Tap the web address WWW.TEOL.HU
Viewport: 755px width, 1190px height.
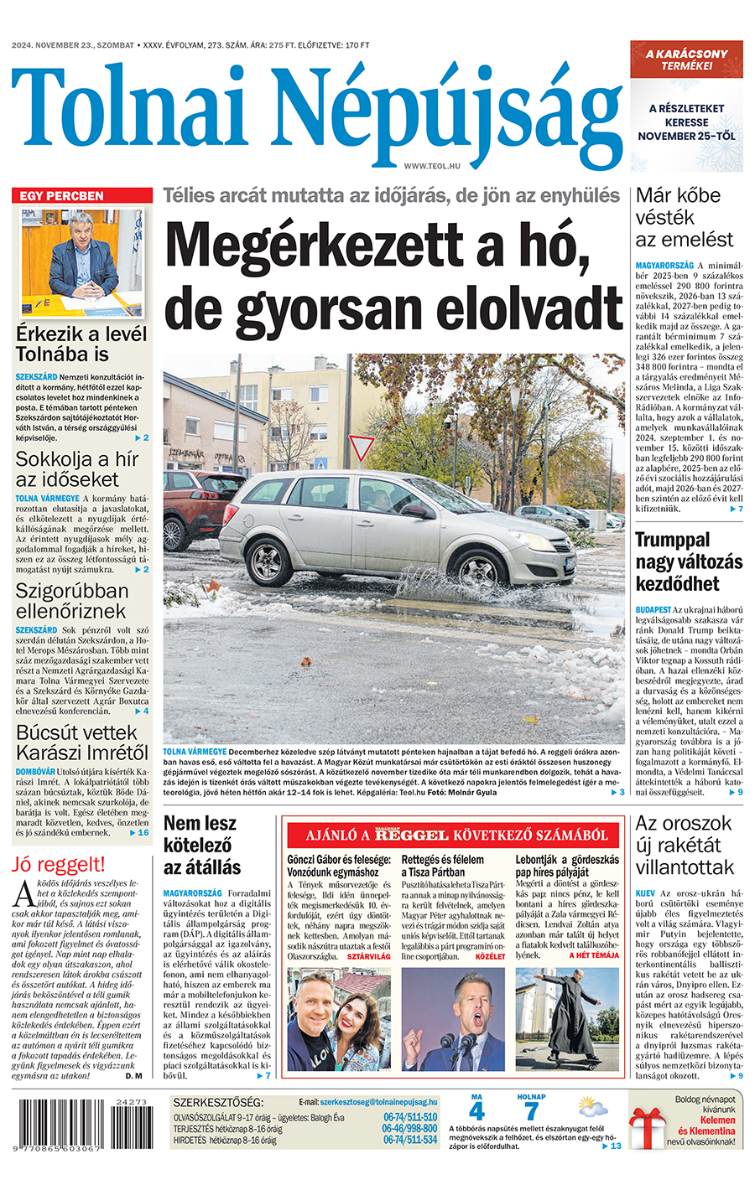click(432, 167)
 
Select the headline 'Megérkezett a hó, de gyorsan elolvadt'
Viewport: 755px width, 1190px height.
click(393, 277)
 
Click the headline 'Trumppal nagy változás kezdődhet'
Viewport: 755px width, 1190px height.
click(678, 561)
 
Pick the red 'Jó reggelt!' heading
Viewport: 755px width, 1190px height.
click(59, 864)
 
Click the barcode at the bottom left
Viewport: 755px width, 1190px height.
click(82, 1127)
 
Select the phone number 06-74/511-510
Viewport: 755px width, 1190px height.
click(410, 1117)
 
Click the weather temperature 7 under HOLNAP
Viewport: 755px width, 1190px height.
click(531, 1112)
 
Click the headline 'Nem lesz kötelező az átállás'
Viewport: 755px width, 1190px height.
click(202, 845)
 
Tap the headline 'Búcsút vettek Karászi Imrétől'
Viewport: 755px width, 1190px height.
click(82, 742)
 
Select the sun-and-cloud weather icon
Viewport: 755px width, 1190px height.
click(591, 1108)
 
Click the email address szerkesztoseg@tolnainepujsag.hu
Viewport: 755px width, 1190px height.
click(378, 1102)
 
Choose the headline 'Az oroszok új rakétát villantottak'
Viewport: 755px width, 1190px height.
click(685, 845)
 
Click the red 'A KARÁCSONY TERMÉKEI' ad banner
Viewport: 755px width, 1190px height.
click(686, 59)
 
